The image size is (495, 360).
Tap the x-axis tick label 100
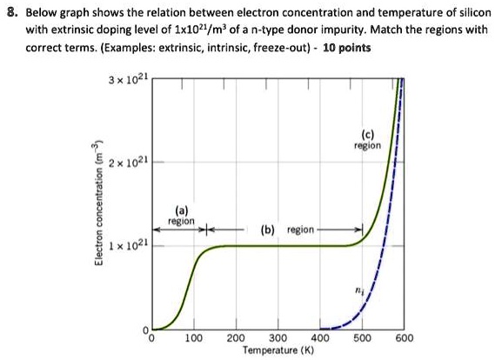(193, 338)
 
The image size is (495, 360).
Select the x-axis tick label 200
(236, 338)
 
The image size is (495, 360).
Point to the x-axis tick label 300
(278, 338)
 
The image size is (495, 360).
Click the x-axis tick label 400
(320, 338)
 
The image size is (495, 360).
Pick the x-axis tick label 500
(362, 338)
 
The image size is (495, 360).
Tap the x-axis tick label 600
(405, 338)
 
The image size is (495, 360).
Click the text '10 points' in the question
(347, 48)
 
